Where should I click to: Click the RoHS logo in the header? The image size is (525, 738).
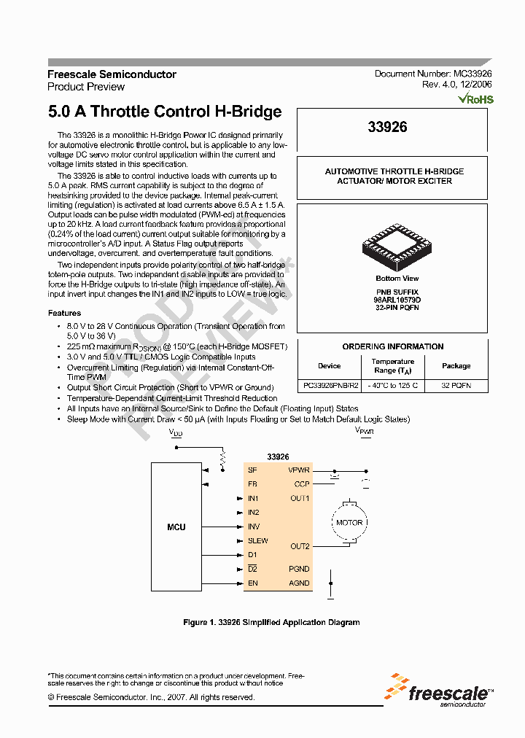pos(475,99)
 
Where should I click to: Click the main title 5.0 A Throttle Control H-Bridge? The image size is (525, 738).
pos(165,112)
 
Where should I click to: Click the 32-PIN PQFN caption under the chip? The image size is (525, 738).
pos(397,307)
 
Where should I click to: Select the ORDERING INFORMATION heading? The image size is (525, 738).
pos(393,346)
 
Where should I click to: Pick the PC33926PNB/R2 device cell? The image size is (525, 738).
pos(329,384)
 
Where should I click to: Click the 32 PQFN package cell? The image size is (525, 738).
pos(456,384)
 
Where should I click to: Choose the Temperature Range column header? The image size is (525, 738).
pos(392,366)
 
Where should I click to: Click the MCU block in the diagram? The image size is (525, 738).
pos(176,527)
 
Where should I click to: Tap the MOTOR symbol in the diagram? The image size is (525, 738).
pos(349,523)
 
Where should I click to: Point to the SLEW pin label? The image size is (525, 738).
pos(257,540)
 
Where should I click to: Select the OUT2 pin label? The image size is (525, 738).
pos(300,546)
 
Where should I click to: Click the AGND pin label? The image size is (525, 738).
pos(300,583)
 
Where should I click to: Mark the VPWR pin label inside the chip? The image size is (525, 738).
pos(299,470)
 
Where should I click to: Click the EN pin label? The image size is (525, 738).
pos(252,583)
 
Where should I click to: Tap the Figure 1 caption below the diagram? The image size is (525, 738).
pos(271,622)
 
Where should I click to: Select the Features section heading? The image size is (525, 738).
pos(64,313)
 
